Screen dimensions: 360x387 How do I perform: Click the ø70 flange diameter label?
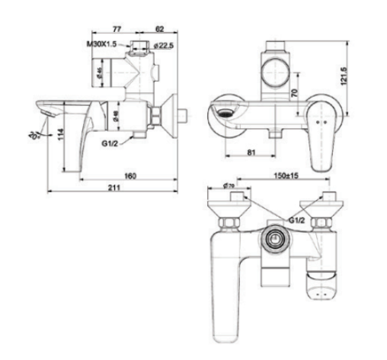tap(228, 185)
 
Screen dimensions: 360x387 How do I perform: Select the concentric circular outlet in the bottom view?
tap(273, 239)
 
